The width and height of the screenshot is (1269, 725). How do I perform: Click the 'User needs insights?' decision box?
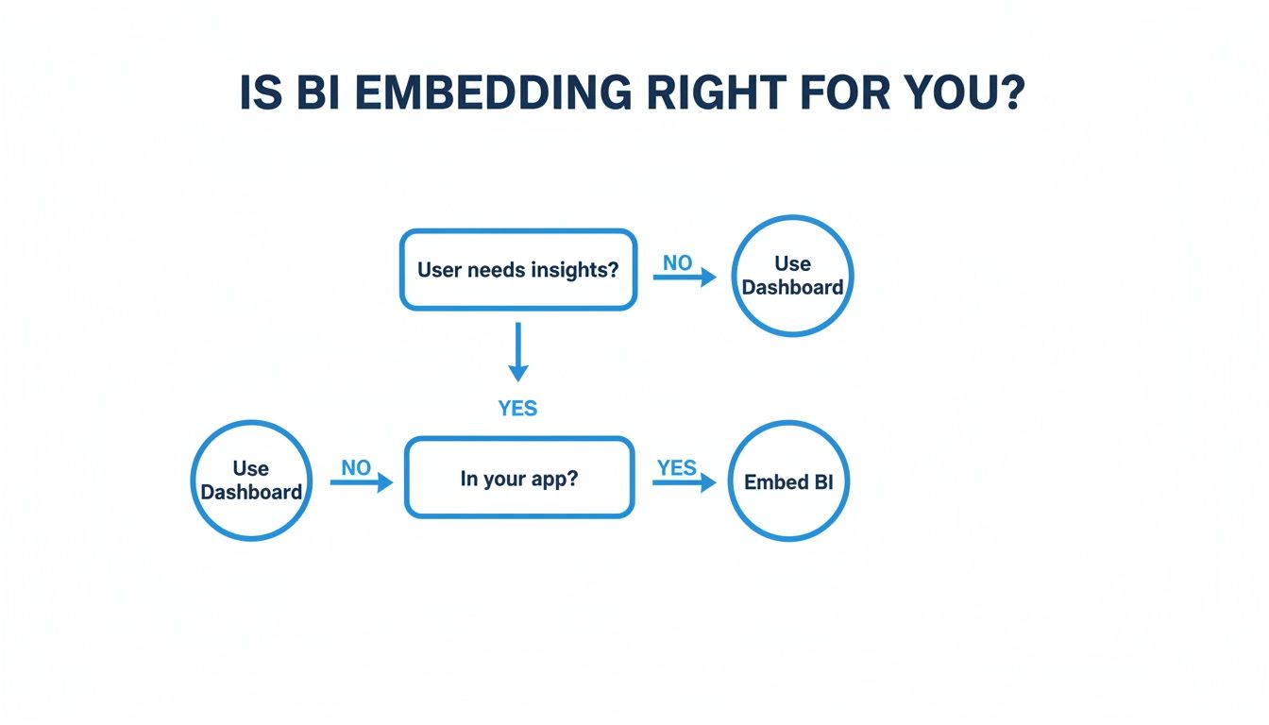click(517, 270)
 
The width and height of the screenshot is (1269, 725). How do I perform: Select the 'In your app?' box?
click(518, 478)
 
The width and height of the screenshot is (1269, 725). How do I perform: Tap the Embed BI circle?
click(788, 481)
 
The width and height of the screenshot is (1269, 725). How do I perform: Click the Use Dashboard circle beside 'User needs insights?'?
click(792, 276)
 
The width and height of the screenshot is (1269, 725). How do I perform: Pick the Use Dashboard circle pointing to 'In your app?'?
click(251, 481)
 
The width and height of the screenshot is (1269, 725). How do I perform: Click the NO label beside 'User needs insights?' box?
click(677, 263)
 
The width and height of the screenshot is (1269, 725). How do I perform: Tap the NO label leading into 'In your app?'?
click(356, 468)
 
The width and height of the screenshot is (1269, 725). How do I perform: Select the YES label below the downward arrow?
click(517, 409)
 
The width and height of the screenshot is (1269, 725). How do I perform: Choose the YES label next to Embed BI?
click(676, 468)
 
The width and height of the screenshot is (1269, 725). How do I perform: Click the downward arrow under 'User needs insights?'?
click(517, 353)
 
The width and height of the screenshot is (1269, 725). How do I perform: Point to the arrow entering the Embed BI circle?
click(685, 483)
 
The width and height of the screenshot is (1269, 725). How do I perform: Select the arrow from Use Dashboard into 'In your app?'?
click(361, 483)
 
